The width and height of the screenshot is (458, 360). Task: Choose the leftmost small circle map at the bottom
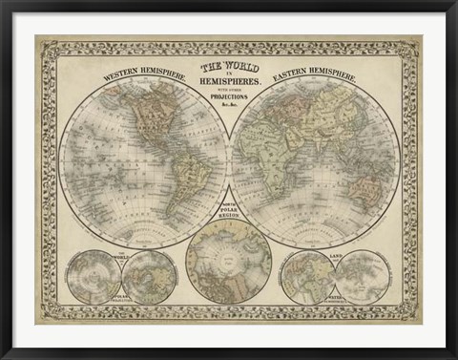[x=93, y=277]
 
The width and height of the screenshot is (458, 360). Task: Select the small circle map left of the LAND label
[x=307, y=277]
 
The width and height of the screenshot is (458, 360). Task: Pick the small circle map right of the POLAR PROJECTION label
[x=150, y=277]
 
